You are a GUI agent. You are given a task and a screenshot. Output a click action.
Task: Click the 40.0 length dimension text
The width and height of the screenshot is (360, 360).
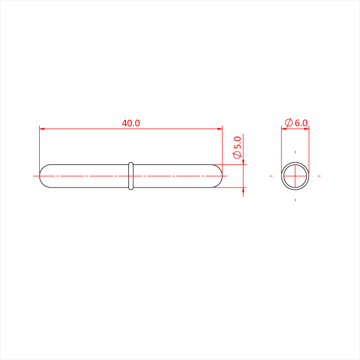coord(131,123)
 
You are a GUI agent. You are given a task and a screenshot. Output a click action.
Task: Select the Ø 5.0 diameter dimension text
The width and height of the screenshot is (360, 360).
coord(237,147)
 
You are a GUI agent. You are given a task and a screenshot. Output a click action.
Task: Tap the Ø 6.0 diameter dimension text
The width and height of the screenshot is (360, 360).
coord(296,123)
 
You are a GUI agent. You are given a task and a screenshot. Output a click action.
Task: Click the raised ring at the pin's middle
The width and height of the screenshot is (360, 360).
coord(131,176)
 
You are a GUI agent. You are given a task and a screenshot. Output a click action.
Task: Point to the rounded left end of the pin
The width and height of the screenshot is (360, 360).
coord(40,176)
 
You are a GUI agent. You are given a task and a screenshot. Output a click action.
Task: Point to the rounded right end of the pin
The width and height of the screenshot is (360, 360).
coord(222,176)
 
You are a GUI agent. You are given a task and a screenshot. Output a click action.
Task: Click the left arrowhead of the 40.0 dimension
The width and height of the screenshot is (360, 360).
coord(42,129)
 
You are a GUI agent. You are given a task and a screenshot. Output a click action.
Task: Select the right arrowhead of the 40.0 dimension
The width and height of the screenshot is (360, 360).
coord(220,129)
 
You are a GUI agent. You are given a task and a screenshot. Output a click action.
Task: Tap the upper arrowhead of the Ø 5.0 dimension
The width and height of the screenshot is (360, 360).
coord(243,162)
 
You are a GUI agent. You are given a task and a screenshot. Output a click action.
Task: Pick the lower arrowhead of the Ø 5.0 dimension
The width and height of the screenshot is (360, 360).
coord(243,190)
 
